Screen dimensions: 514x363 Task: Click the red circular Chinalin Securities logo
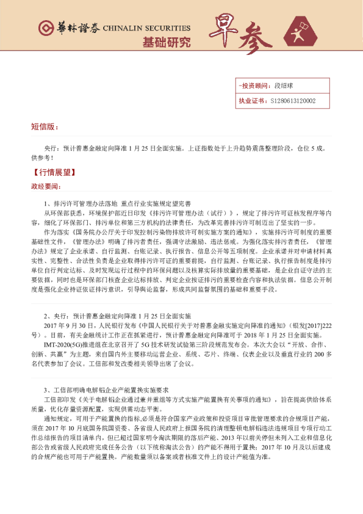(46, 28)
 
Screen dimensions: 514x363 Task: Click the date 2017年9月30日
(65, 326)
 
